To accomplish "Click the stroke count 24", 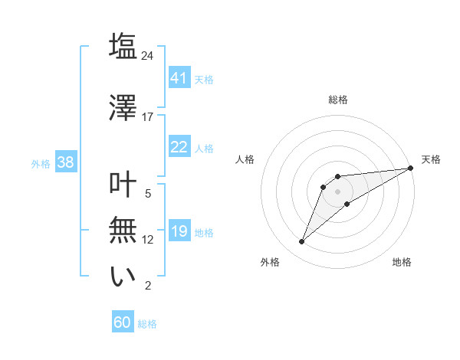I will tap(148, 56).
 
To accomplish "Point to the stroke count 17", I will tap(148, 117).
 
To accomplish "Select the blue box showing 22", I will tap(179, 147).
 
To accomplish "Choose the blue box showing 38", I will tap(65, 162).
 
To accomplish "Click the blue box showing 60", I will tap(123, 322).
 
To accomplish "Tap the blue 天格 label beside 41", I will tap(204, 79).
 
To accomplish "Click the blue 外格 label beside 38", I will tap(41, 163).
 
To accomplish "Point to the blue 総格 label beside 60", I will tap(147, 324).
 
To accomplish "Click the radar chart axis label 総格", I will tap(338, 100).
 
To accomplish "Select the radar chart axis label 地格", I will tap(402, 263).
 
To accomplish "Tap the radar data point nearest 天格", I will tap(411, 169).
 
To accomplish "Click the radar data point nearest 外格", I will tap(301, 242).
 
